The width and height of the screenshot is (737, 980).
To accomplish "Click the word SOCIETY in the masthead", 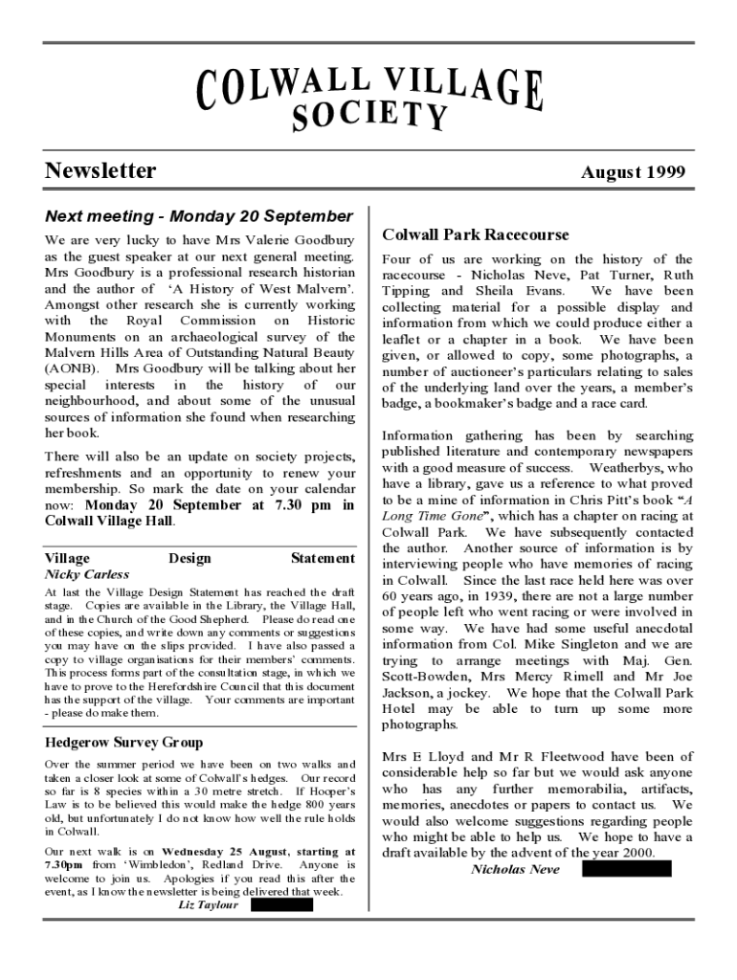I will (369, 115).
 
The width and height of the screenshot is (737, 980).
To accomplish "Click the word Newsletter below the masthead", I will (100, 171).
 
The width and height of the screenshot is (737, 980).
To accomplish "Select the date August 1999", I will (633, 172).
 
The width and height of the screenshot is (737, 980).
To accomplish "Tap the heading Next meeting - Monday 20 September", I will (199, 217).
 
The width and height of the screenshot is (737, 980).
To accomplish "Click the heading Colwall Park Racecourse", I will (475, 234).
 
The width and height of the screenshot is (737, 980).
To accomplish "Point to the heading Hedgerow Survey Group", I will (123, 742).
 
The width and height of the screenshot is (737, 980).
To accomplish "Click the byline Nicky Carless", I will (87, 575).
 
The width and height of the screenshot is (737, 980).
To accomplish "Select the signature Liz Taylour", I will (209, 905).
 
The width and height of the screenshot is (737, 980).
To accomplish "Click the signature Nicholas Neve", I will (515, 869).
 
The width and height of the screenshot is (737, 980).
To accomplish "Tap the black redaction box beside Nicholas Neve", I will (626, 869).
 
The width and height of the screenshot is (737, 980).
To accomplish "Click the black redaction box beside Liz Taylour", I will (281, 905).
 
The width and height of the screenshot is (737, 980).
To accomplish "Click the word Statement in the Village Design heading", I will (323, 558).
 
